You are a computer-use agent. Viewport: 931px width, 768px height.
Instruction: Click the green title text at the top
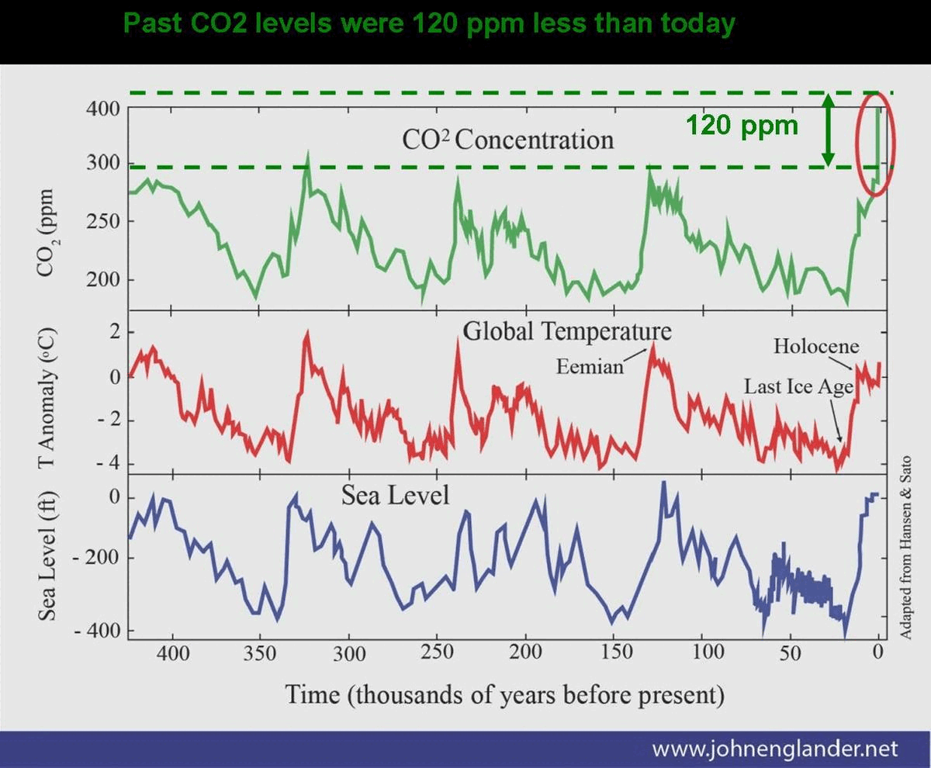428,23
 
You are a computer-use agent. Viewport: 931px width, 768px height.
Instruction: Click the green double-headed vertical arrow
828,130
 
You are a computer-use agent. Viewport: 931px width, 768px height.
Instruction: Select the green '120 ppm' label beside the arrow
741,125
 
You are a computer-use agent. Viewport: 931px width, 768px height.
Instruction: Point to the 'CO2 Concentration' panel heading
507,140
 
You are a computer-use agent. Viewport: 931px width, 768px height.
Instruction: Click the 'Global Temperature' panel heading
567,331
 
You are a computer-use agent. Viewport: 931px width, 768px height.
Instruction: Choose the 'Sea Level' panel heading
395,494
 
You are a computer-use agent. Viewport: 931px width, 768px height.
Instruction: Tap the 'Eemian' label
590,366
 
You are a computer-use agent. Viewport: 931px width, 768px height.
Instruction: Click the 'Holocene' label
816,346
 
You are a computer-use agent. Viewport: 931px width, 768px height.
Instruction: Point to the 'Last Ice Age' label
799,386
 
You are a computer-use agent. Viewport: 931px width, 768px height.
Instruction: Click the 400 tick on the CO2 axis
102,109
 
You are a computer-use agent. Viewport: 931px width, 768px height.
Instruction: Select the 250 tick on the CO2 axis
102,222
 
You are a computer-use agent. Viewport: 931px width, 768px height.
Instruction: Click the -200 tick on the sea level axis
93,558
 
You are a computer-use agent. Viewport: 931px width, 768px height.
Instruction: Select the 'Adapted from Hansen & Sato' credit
905,547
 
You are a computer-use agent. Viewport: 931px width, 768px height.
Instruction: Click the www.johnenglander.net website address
774,749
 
